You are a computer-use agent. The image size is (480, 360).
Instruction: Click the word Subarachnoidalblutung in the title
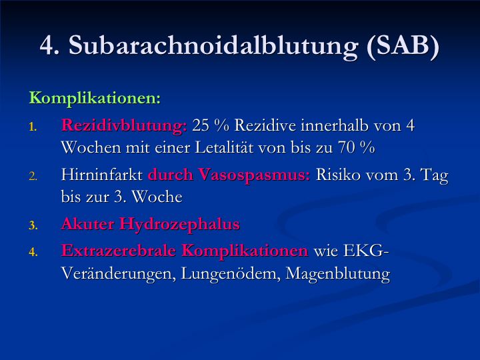tap(213, 46)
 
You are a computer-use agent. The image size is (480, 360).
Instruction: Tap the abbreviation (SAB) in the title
tap(403, 46)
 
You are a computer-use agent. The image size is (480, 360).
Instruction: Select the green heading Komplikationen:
tap(95, 99)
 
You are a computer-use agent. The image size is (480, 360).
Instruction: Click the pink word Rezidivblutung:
tap(124, 126)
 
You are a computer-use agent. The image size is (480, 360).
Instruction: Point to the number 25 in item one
tap(201, 125)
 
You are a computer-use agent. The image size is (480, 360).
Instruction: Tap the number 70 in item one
tap(347, 147)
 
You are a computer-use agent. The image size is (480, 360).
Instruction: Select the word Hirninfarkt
tap(102, 175)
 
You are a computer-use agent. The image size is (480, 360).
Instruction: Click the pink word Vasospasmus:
tap(254, 175)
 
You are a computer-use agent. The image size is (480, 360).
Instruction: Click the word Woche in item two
tap(157, 197)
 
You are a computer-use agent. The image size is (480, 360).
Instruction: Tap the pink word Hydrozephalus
tap(179, 224)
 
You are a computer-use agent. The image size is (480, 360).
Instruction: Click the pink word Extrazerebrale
tap(119, 251)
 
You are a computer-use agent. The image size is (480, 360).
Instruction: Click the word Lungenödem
tap(231, 273)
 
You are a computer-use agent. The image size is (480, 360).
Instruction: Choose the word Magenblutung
tap(338, 273)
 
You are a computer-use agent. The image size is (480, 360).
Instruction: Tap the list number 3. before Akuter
tap(33, 226)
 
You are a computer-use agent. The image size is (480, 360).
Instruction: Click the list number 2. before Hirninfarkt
tap(33, 177)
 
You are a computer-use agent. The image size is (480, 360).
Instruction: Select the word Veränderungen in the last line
tap(119, 273)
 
